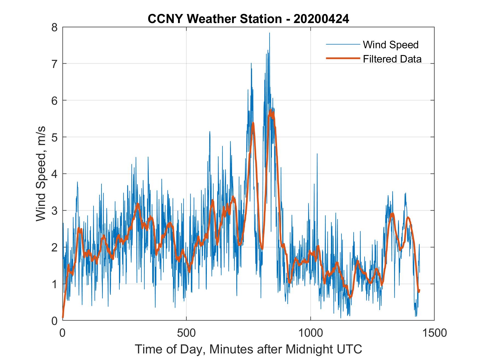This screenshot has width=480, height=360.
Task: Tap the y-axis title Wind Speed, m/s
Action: [x=41, y=174]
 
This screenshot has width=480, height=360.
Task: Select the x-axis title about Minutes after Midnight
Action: [x=248, y=349]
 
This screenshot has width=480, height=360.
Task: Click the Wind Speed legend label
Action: [x=391, y=45]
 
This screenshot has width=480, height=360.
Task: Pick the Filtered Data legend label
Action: [x=392, y=59]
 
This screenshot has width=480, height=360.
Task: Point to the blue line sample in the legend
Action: [x=343, y=44]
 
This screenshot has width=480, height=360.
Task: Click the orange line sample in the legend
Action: [x=343, y=58]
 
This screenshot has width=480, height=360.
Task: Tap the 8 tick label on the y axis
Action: [x=54, y=27]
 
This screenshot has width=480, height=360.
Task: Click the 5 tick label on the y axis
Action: [x=54, y=137]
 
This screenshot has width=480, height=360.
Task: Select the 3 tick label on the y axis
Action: [x=54, y=211]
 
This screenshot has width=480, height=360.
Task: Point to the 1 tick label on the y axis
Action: [x=54, y=284]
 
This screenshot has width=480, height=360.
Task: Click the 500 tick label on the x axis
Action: [x=186, y=333]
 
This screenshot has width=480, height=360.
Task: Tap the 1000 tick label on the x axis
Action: [x=310, y=333]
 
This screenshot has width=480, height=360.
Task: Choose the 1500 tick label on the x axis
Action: [x=434, y=333]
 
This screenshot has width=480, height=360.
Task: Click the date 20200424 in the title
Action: [x=321, y=19]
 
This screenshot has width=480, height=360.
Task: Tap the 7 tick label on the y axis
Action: [x=54, y=64]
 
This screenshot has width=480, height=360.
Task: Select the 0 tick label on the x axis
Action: [x=63, y=333]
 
